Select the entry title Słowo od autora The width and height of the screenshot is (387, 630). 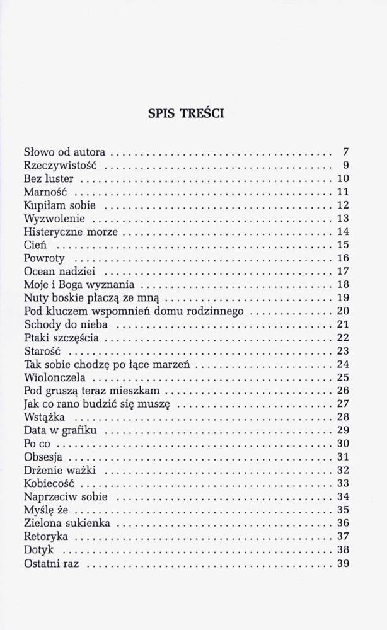[x=65, y=152]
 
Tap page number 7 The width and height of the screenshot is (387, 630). [x=345, y=152]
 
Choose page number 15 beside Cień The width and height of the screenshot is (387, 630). [x=343, y=245]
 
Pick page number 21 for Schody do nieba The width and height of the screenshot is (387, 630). [x=343, y=324]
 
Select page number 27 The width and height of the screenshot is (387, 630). [x=343, y=404]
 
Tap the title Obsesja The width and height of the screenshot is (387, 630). [x=43, y=457]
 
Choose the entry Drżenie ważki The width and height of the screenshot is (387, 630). [x=59, y=470]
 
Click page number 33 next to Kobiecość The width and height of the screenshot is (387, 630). [x=343, y=483]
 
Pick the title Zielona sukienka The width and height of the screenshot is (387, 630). [x=67, y=523]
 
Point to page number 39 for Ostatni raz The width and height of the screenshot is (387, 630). [x=343, y=563]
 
